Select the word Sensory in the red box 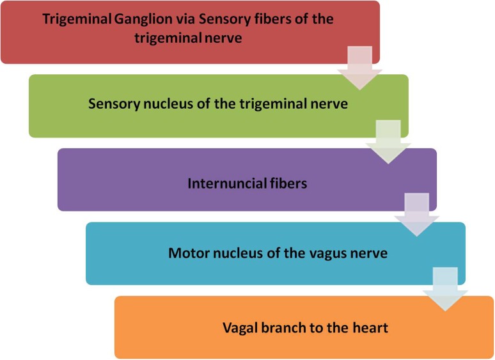208,19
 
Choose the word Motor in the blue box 186,253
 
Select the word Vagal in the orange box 239,329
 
